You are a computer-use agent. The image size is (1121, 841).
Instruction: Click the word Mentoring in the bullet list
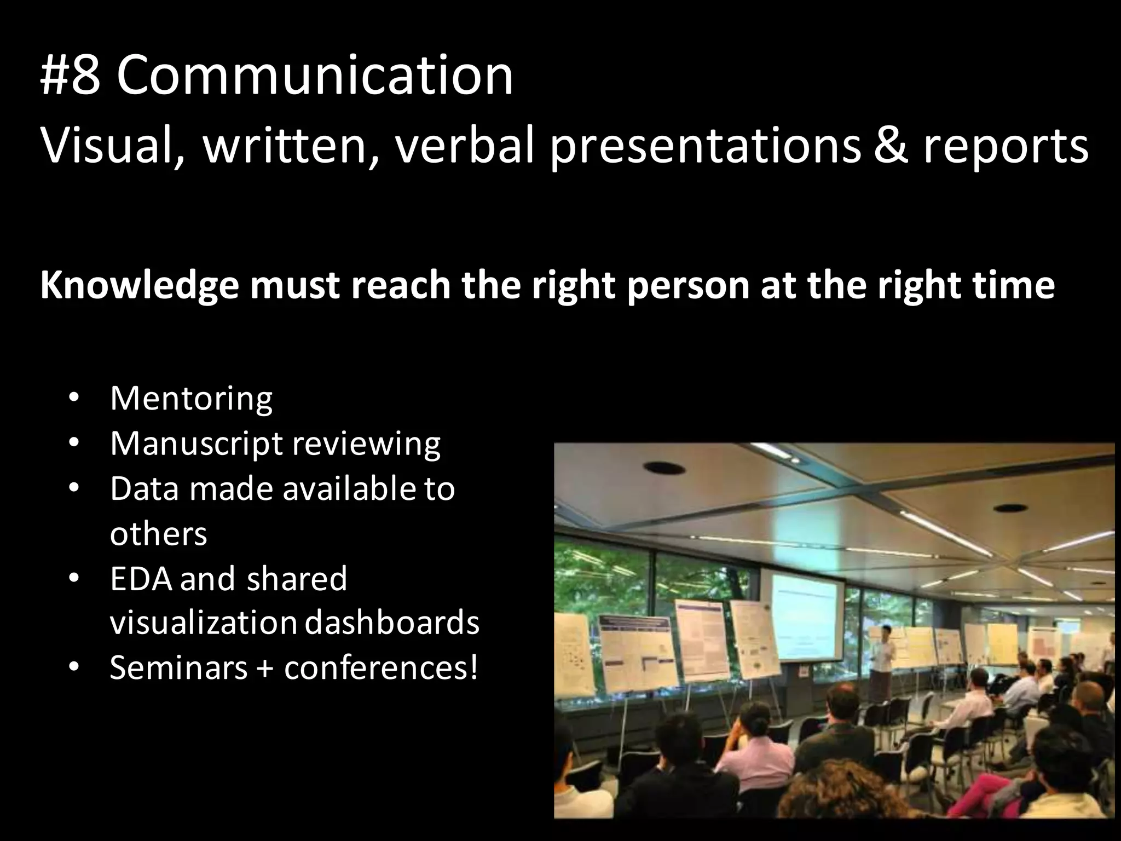pyautogui.click(x=191, y=399)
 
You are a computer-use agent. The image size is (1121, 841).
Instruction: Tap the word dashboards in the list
pyautogui.click(x=391, y=623)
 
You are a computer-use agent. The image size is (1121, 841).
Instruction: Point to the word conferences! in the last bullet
pyautogui.click(x=381, y=668)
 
